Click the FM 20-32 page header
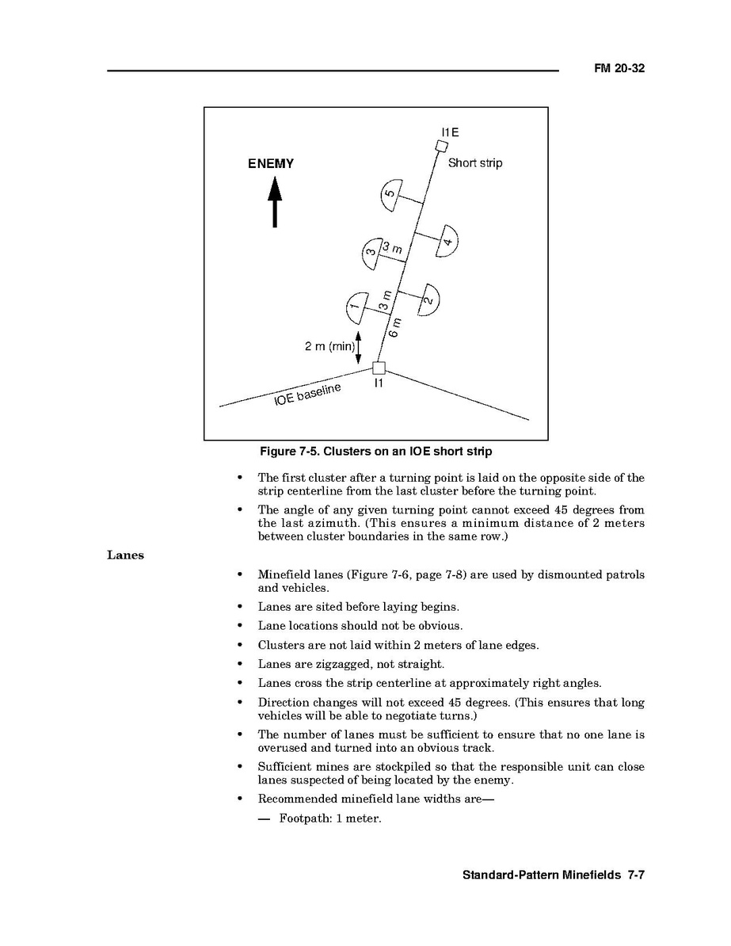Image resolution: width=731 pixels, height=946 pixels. (619, 69)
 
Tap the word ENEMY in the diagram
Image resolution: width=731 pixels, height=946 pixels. (271, 164)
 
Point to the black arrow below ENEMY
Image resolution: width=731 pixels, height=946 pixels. (274, 201)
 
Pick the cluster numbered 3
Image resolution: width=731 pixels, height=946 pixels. (371, 253)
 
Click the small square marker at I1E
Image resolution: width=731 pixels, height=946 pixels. (442, 145)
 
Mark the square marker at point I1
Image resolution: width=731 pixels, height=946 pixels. (379, 368)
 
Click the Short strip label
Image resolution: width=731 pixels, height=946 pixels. (475, 163)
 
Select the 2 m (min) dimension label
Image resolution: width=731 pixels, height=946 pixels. (329, 346)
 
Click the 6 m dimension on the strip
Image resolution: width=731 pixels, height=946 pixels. (395, 327)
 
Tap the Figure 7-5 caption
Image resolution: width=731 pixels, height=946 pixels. (376, 452)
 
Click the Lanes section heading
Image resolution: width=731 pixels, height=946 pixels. (125, 555)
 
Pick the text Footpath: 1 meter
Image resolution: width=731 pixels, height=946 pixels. (330, 818)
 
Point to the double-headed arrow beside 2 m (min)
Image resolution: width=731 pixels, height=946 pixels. (359, 347)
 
